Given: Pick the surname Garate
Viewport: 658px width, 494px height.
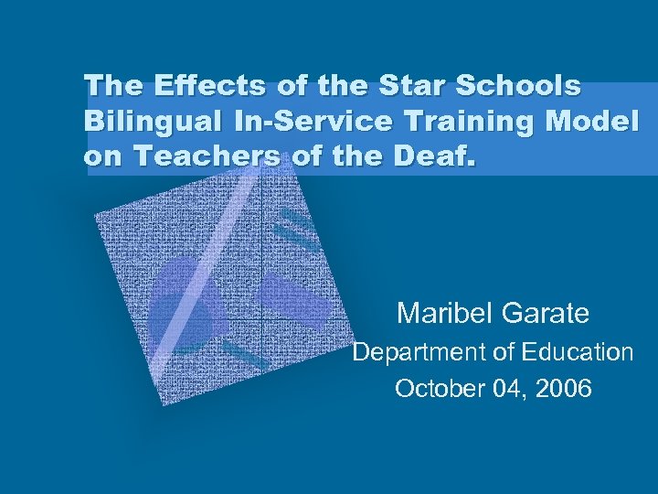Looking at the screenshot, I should click(x=547, y=314).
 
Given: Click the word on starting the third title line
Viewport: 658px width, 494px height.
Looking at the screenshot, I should click(x=105, y=156).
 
